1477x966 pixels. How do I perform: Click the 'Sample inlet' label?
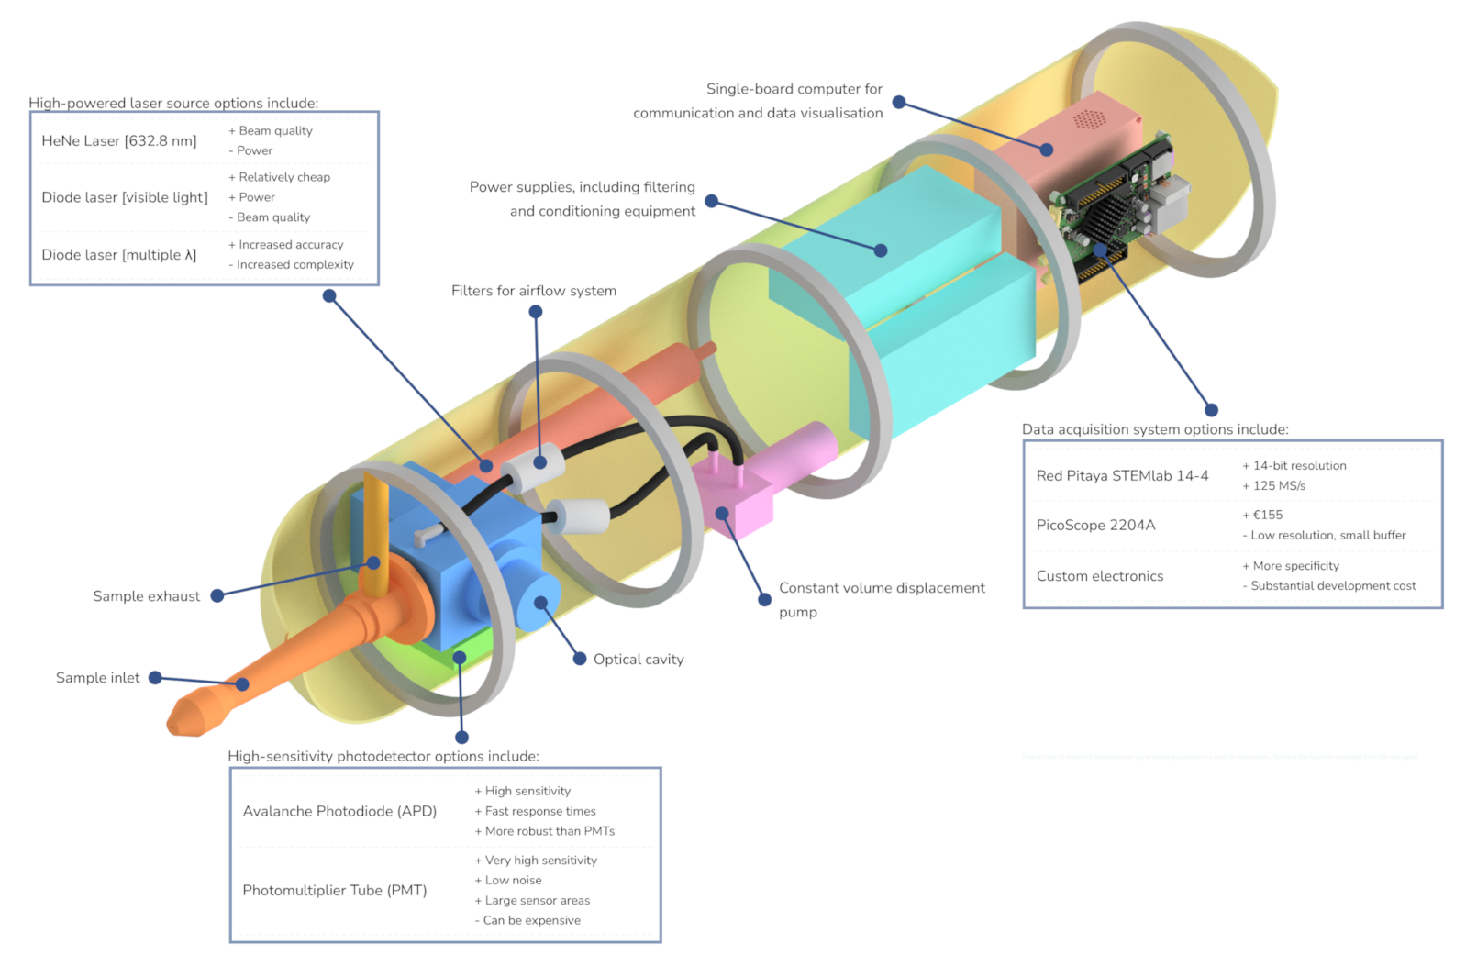click(x=97, y=678)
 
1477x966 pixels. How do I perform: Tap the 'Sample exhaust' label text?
click(x=146, y=596)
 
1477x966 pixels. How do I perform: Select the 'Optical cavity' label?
click(x=638, y=660)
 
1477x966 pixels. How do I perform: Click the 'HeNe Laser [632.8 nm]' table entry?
click(x=119, y=140)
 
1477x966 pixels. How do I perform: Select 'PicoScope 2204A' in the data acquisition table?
click(x=1095, y=525)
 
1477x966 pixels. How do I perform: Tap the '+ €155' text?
click(x=1262, y=515)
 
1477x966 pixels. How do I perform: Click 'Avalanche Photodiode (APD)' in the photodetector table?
click(x=339, y=811)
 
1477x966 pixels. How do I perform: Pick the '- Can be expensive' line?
click(x=527, y=920)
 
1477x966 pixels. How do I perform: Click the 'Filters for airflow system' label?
click(x=533, y=291)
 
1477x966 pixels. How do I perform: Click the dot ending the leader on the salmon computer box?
click(x=1046, y=150)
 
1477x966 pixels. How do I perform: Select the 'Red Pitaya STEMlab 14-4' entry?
click(x=1122, y=475)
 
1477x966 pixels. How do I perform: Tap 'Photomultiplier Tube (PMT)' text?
click(x=334, y=890)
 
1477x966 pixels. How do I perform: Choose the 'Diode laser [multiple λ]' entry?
click(x=118, y=255)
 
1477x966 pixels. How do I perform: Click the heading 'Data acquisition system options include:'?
click(x=1155, y=429)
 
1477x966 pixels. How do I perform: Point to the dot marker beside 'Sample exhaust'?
click(x=217, y=596)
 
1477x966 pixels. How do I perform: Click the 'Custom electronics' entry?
click(x=1099, y=576)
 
